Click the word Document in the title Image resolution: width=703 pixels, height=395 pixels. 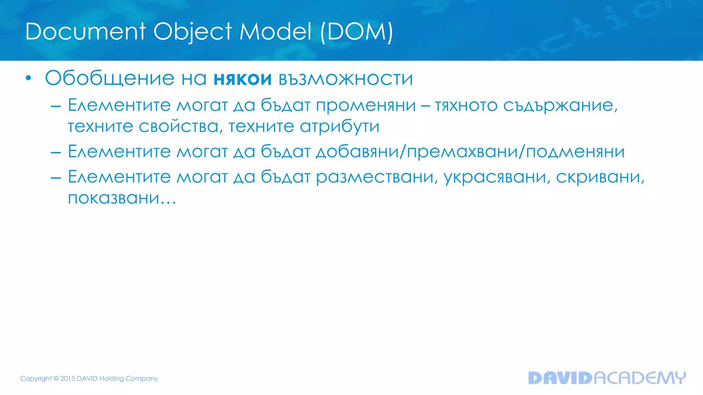85,32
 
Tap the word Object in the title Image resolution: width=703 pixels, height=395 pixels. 193,32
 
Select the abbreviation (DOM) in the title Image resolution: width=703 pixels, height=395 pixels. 356,32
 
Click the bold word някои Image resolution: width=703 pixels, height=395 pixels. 242,79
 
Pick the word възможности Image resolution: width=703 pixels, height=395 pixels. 346,79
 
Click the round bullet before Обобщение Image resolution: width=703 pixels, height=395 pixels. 28,79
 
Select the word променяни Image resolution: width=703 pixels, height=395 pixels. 366,105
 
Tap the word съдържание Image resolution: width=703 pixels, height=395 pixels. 560,105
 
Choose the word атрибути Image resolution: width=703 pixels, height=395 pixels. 339,127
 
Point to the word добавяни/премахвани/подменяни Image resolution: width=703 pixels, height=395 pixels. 470,152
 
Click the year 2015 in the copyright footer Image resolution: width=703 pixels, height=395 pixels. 68,379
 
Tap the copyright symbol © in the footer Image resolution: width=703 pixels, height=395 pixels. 56,379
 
